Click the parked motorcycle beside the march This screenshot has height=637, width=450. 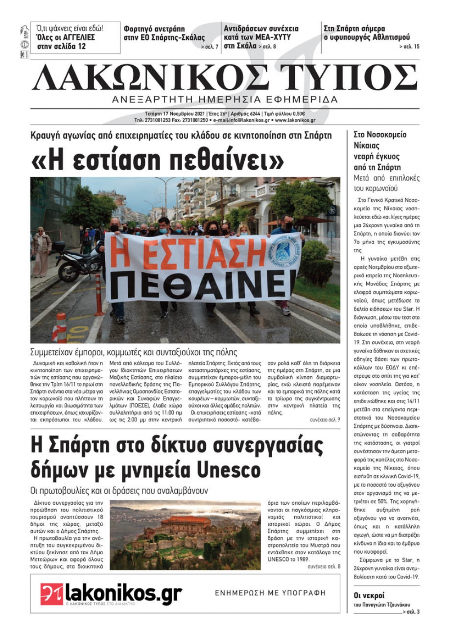click(79, 262)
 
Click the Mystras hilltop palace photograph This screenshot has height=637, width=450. click(185, 534)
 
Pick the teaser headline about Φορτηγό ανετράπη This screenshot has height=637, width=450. click(164, 33)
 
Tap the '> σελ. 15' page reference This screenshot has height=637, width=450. click(409, 46)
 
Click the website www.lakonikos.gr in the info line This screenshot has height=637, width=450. click(295, 120)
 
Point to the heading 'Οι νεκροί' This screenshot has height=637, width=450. click(369, 596)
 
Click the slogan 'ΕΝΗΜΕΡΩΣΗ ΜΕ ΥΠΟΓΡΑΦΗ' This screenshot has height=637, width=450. click(270, 593)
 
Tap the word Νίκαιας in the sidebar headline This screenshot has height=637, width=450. click(367, 145)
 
